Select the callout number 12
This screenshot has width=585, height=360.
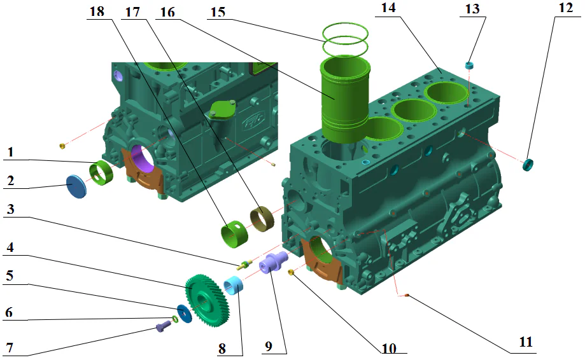click(563, 10)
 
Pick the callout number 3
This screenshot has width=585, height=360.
click(10, 209)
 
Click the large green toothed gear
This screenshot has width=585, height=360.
click(208, 299)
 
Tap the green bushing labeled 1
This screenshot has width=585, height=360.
click(102, 173)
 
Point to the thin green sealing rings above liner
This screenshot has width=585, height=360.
click(346, 39)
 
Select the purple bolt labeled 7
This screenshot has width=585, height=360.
click(163, 327)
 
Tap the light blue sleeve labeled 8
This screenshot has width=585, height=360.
click(236, 285)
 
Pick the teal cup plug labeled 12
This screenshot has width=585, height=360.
click(528, 165)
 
